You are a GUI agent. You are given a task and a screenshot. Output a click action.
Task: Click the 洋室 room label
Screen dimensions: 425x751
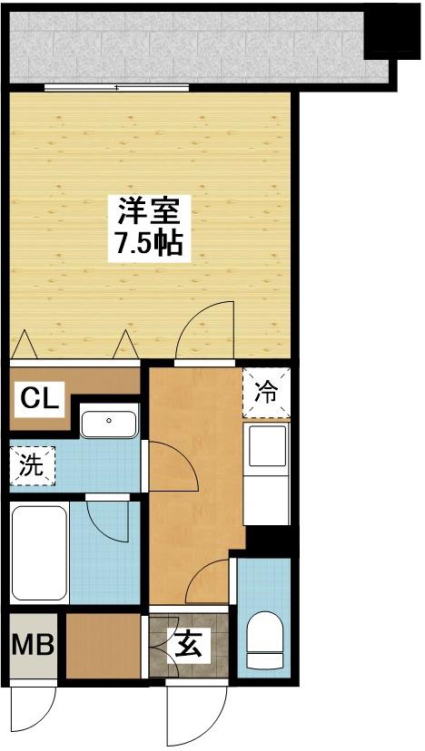(149, 212)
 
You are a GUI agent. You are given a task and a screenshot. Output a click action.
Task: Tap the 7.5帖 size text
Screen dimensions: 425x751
(149, 245)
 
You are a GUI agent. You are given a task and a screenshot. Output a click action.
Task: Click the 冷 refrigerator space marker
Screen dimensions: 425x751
(266, 392)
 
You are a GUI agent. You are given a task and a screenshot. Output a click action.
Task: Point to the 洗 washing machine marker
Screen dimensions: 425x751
(31, 465)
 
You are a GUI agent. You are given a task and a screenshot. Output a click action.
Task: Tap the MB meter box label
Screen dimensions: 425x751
(33, 644)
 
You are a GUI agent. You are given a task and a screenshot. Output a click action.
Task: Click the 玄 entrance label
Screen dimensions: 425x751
(190, 647)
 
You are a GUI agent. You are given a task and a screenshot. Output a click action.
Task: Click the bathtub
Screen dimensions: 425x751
(39, 552)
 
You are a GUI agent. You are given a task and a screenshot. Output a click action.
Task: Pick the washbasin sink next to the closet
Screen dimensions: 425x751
(109, 421)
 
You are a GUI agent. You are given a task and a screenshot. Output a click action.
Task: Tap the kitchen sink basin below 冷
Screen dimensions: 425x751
(266, 445)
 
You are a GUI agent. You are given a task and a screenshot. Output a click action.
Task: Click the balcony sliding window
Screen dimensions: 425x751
(116, 88)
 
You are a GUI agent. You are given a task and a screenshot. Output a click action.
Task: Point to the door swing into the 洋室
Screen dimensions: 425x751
(206, 330)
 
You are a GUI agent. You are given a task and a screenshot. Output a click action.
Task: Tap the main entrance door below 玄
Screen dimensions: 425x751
(197, 714)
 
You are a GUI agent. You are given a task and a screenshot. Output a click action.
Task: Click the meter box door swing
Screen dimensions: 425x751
(33, 710)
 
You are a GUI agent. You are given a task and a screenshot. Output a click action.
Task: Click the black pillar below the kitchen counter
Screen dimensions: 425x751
(268, 541)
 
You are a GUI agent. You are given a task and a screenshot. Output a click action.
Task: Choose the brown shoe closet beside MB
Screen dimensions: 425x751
(104, 646)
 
